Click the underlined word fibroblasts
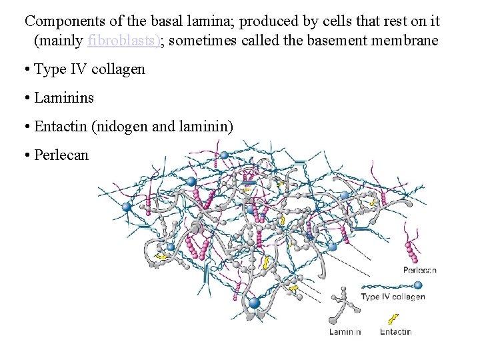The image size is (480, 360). tap(123, 41)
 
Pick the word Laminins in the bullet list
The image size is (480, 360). tap(64, 97)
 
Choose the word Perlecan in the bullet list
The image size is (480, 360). tap(61, 155)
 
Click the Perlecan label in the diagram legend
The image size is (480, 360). tap(420, 270)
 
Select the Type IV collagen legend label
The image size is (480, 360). tap(393, 297)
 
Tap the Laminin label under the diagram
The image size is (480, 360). tap(345, 331)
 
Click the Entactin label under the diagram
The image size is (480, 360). tap(395, 331)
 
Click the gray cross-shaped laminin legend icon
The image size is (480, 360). tap(343, 303)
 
